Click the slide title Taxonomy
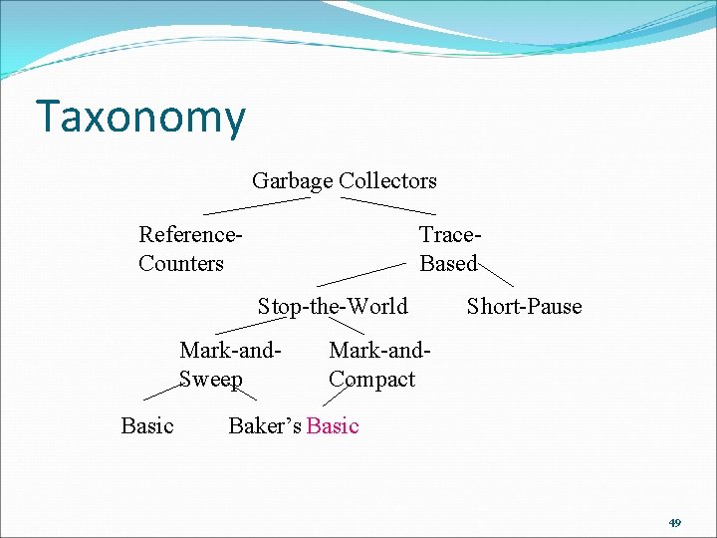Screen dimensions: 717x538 [139, 118]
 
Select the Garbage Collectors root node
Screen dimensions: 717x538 [344, 181]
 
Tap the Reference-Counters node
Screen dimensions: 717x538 [190, 249]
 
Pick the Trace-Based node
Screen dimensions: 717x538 [450, 249]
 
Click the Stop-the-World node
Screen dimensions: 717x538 [333, 307]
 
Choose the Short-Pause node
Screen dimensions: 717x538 [524, 307]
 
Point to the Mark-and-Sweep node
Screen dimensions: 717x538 [229, 365]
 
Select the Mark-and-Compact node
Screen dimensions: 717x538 [379, 365]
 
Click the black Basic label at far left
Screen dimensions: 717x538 [147, 426]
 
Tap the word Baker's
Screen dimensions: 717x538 [265, 426]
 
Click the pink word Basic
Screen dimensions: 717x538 [333, 426]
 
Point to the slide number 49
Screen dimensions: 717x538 [674, 522]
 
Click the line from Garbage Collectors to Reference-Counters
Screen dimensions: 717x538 [256, 205]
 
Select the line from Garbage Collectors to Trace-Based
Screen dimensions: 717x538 [388, 205]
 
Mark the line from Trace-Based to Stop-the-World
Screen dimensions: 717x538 [361, 274]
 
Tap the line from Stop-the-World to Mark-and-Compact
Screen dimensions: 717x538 [348, 326]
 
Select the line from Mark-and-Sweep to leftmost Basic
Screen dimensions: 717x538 [159, 390]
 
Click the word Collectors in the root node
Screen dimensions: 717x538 [387, 181]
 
